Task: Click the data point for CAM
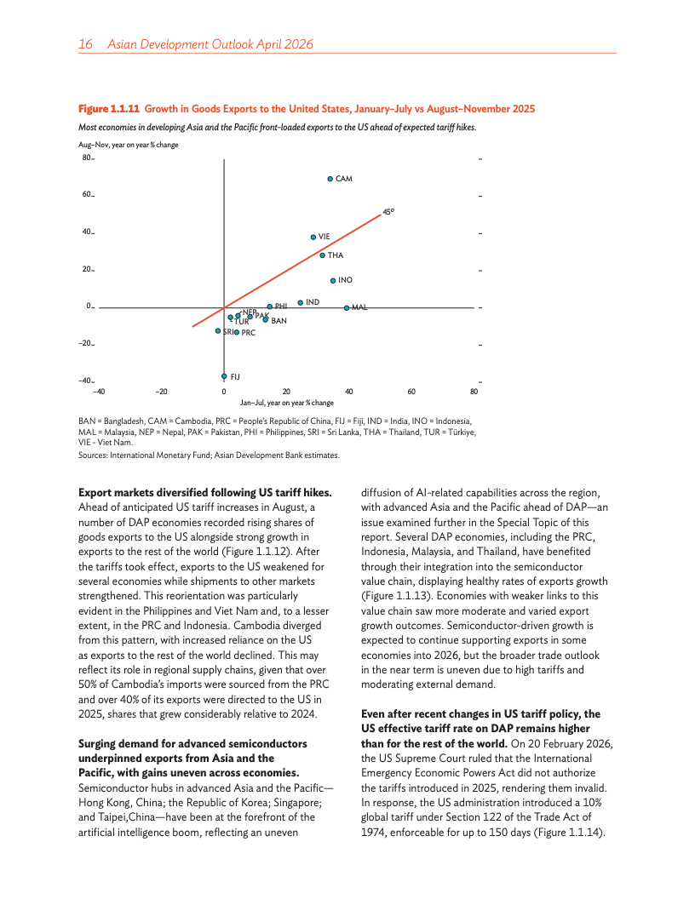pyautogui.click(x=330, y=179)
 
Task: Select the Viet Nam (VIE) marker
pyautogui.click(x=313, y=237)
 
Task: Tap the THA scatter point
pyautogui.click(x=322, y=255)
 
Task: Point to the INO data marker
pyautogui.click(x=333, y=280)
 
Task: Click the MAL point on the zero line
pyautogui.click(x=347, y=307)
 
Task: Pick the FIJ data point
pyautogui.click(x=224, y=375)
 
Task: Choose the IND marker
pyautogui.click(x=300, y=302)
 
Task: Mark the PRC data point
pyautogui.click(x=236, y=333)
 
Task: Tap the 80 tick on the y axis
pyautogui.click(x=87, y=157)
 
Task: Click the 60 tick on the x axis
pyautogui.click(x=411, y=392)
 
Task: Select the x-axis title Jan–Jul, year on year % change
pyautogui.click(x=286, y=402)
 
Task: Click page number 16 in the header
pyautogui.click(x=85, y=43)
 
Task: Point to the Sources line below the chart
pyautogui.click(x=209, y=455)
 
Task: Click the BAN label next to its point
pyautogui.click(x=279, y=321)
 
